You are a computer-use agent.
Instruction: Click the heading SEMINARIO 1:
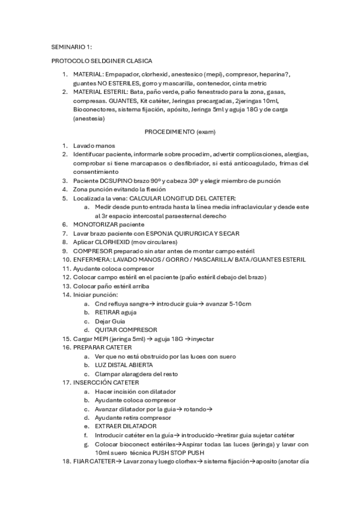click(x=72, y=46)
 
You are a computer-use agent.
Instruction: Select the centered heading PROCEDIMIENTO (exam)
click(x=180, y=131)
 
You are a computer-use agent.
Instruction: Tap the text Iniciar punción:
click(x=96, y=295)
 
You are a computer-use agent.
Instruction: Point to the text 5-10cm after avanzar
click(x=239, y=304)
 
